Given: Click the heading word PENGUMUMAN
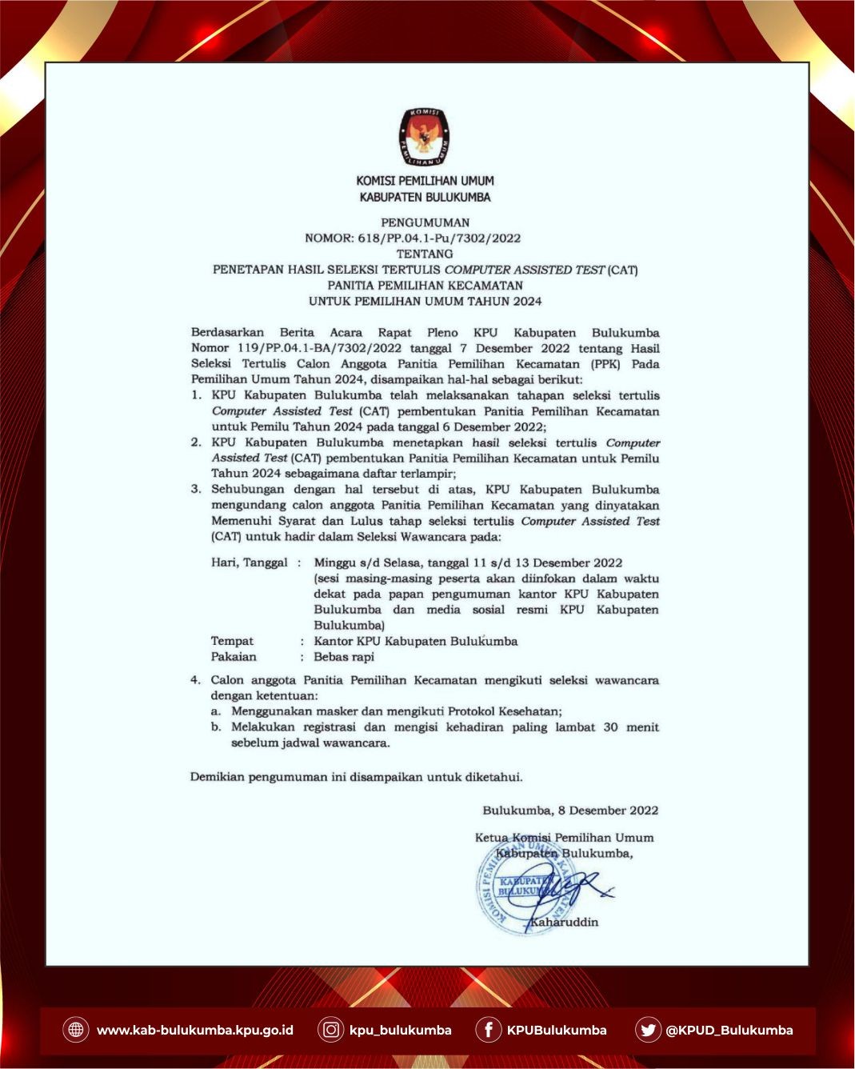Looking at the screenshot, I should [425, 222].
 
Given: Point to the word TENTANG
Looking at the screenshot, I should [425, 254].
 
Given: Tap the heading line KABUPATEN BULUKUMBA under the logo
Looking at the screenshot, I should [425, 197].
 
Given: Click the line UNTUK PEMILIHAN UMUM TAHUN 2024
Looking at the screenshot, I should [425, 301].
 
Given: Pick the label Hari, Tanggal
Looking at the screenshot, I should [249, 563].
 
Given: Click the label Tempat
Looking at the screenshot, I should [232, 641].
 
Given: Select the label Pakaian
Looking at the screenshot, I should [234, 657].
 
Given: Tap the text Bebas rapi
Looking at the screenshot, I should [344, 657].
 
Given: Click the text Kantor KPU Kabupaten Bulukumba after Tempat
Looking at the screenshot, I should [415, 641].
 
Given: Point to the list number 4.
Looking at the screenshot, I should [194, 680].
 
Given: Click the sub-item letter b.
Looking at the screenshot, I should [215, 727].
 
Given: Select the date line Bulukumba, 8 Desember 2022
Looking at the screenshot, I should [570, 811].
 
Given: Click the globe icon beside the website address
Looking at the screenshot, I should [76, 1030].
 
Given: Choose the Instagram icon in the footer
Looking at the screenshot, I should [330, 1030].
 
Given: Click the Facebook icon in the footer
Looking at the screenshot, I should [488, 1030].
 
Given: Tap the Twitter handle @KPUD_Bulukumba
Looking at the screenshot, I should [729, 1031].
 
